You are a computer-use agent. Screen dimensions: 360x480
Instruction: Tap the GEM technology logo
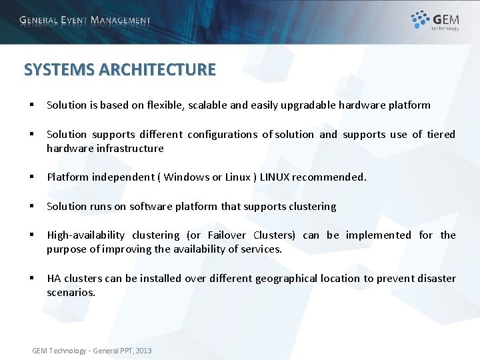[x=435, y=21]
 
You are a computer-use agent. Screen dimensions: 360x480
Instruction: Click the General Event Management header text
[x=85, y=21]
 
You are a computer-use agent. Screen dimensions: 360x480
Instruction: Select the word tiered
[x=441, y=134]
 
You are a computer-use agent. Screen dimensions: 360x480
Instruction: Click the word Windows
[x=186, y=177]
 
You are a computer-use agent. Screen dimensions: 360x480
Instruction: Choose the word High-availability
[x=85, y=235]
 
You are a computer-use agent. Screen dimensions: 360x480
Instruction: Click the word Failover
[x=227, y=235]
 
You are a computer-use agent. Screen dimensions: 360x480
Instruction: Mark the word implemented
[x=378, y=235]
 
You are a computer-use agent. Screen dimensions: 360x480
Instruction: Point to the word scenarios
[x=71, y=292]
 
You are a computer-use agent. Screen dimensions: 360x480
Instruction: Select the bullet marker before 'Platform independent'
[x=31, y=177]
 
